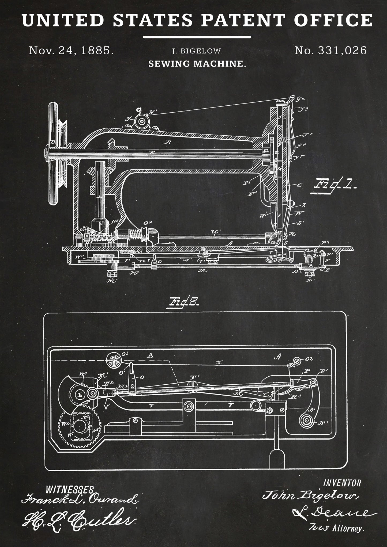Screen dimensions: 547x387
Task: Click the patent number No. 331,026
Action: pyautogui.click(x=330, y=50)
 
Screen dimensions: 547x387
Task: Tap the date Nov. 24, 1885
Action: pyautogui.click(x=71, y=50)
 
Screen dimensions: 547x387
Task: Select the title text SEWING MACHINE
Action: pyautogui.click(x=197, y=64)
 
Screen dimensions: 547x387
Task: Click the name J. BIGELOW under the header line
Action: pyautogui.click(x=197, y=51)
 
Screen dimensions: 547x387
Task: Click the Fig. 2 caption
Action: pyautogui.click(x=183, y=303)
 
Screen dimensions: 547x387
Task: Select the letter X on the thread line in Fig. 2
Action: pyautogui.click(x=219, y=363)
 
